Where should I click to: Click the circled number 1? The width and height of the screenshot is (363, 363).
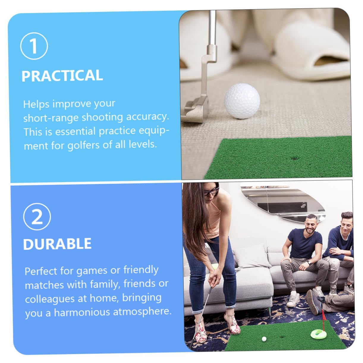(x=34, y=46)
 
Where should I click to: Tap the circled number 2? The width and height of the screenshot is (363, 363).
(x=37, y=216)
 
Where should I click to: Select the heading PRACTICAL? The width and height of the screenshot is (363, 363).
(x=62, y=76)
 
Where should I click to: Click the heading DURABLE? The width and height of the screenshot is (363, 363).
(x=57, y=244)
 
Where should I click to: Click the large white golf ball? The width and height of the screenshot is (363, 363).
(x=242, y=101)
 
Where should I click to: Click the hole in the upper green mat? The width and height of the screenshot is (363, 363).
(x=295, y=158)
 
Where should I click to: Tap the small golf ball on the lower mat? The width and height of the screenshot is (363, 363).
(x=263, y=339)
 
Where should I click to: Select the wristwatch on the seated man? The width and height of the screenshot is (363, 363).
(x=309, y=262)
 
